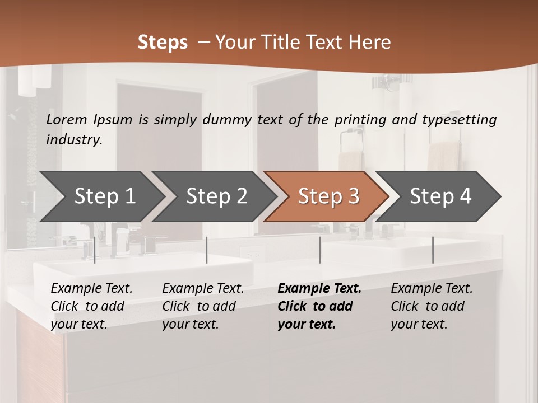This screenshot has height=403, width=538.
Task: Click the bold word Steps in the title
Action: click(x=163, y=43)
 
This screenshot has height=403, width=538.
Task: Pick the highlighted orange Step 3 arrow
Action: click(x=328, y=196)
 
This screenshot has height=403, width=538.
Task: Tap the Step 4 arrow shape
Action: click(x=440, y=196)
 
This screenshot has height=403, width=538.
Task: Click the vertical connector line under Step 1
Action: click(x=95, y=250)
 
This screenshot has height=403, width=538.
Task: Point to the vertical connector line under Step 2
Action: click(x=207, y=250)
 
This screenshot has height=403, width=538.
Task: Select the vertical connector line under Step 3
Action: click(x=320, y=250)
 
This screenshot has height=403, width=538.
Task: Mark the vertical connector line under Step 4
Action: click(x=433, y=250)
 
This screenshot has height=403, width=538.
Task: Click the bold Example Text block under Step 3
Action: click(x=319, y=306)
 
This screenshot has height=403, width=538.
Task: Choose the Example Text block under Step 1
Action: click(x=91, y=306)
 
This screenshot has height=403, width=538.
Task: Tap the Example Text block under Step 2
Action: click(x=203, y=306)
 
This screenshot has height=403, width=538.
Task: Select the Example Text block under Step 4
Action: click(x=432, y=306)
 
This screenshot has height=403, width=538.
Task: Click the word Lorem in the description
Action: click(x=67, y=119)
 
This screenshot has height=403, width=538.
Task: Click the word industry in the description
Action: click(x=74, y=140)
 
